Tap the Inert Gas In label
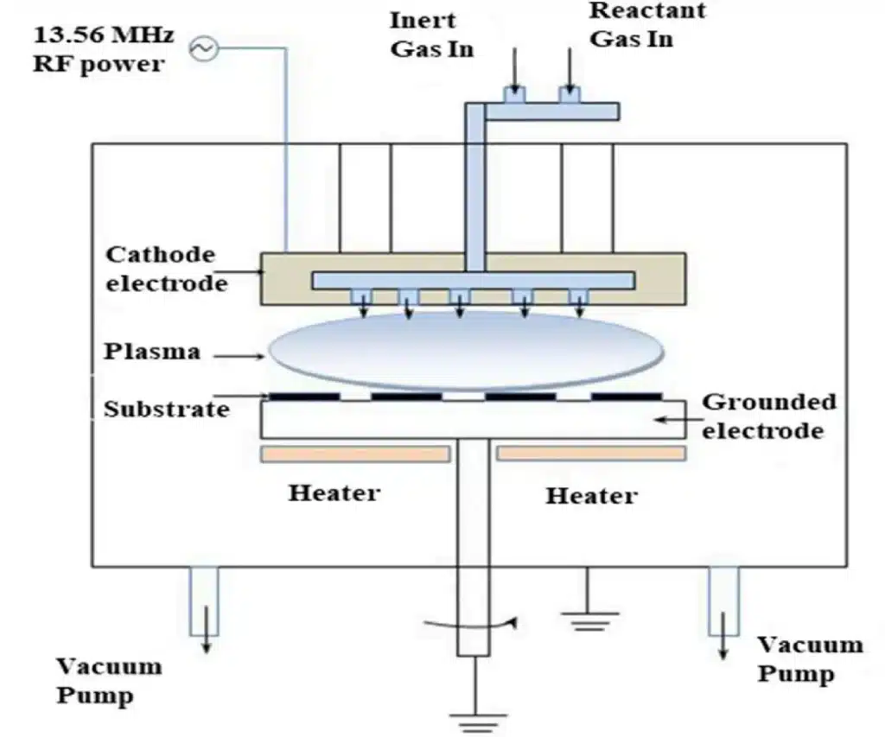(431, 34)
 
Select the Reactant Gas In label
(646, 24)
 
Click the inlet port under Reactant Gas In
(569, 96)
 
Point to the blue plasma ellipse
(467, 350)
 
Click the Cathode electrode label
(160, 268)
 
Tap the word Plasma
(152, 352)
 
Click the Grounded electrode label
(768, 416)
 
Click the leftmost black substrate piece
(304, 397)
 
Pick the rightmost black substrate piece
(627, 397)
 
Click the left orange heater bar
(355, 454)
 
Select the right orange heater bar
(591, 454)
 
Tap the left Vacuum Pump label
(109, 680)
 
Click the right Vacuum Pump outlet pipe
(723, 605)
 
